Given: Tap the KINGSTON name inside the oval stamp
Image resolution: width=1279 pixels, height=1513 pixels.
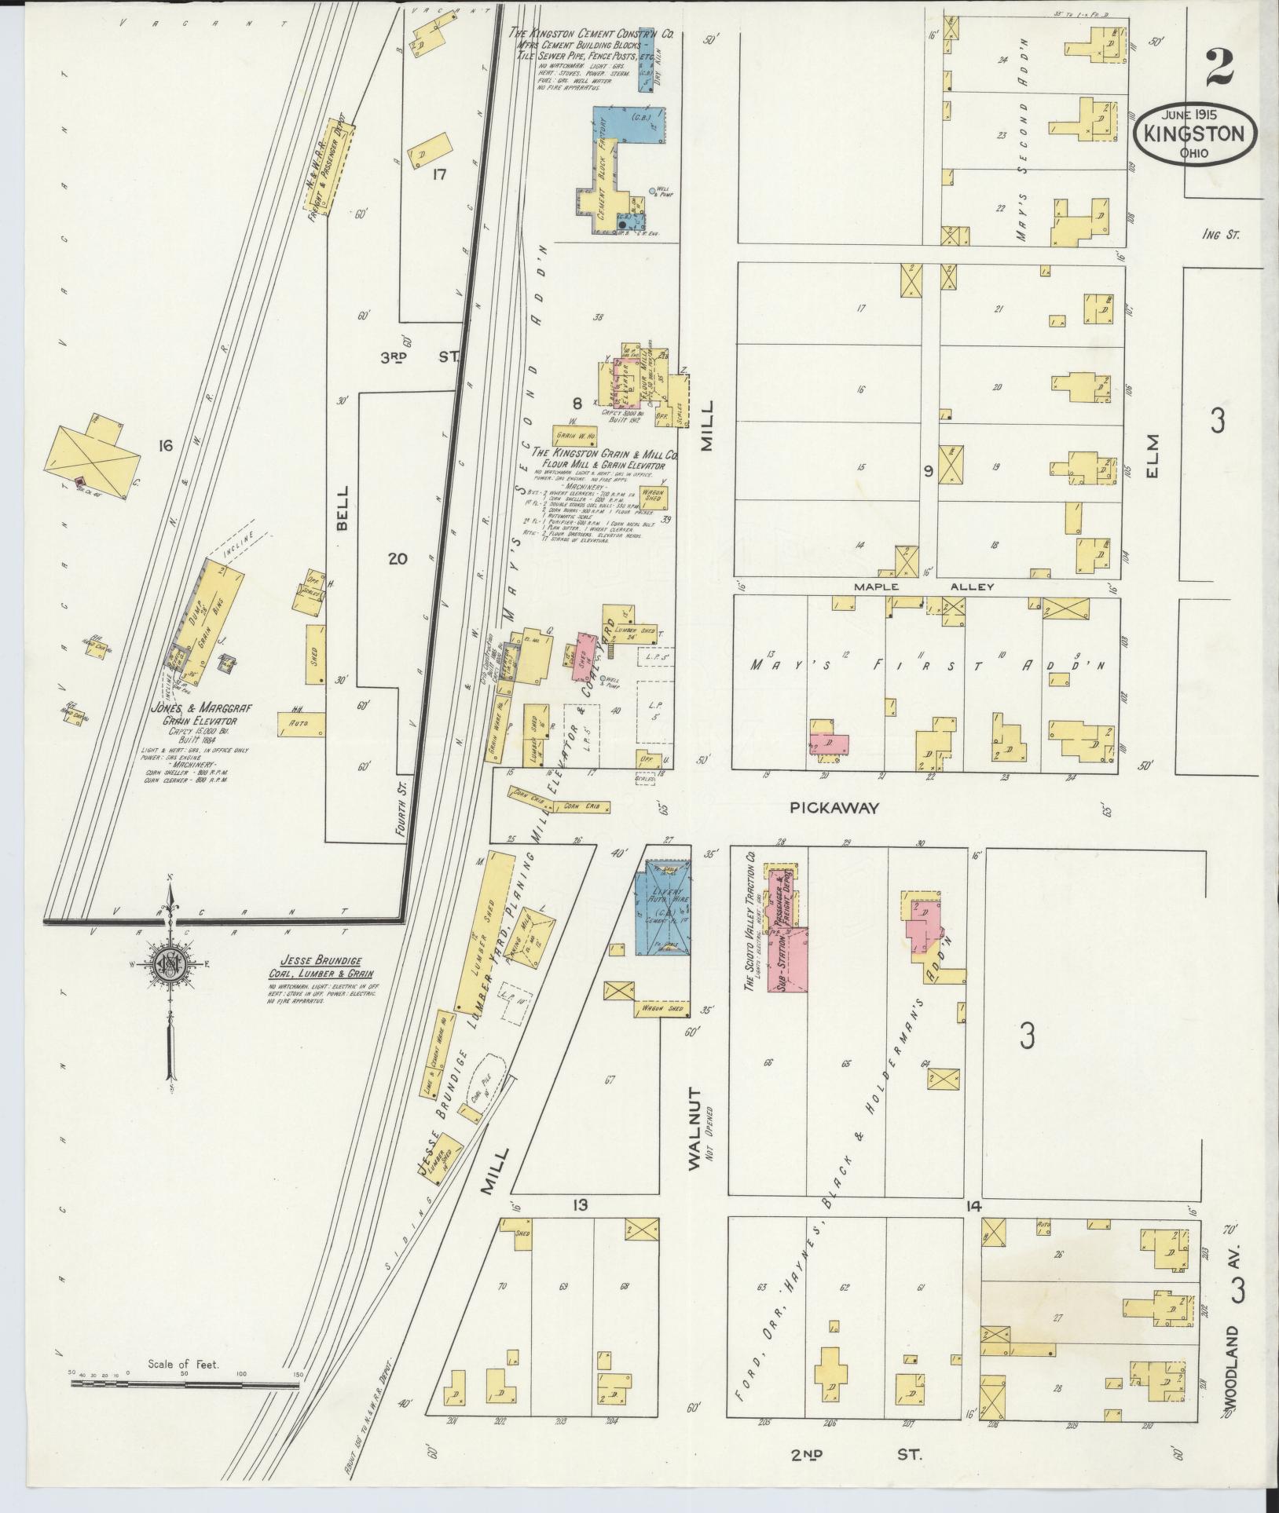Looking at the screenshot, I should point(1194,133).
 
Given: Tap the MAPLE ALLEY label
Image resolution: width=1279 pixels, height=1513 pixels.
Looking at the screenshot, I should point(925,587).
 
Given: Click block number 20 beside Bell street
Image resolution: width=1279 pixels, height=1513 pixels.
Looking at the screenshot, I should point(398,559).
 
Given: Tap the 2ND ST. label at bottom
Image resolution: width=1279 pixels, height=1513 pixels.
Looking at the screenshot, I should point(856,1455).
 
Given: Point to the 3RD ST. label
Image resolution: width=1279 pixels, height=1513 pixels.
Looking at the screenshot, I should point(420,357).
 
